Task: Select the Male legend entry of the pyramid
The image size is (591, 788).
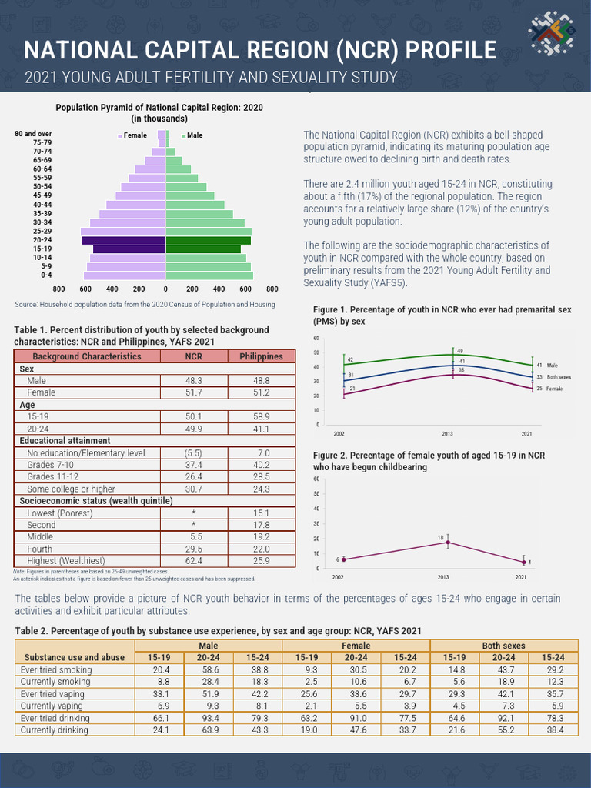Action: coord(192,135)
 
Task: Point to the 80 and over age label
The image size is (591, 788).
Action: coord(33,134)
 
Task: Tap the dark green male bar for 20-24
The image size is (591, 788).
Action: coord(209,241)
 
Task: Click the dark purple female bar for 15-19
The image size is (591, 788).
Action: coord(129,249)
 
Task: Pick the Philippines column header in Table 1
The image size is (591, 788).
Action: coord(261,356)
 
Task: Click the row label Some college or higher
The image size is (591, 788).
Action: coord(71,489)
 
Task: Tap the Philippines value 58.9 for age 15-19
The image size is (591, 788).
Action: coord(261,416)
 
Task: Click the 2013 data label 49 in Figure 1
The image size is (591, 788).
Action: coord(460,351)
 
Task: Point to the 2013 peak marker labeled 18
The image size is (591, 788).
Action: coord(448,543)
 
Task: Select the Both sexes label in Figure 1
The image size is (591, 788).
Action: coord(559,377)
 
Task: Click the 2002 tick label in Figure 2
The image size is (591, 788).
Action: coord(337,576)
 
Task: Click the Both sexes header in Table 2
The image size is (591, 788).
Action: coord(503,646)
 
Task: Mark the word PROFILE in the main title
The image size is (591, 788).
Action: coord(446,51)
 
